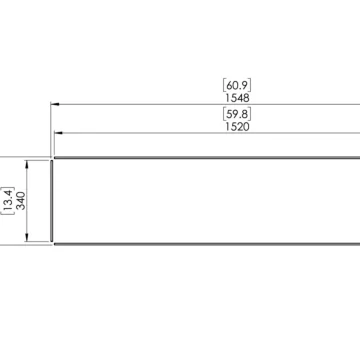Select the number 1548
[237, 99]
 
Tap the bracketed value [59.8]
[237, 115]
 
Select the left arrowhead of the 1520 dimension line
[59, 132]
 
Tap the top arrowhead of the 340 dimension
[28, 161]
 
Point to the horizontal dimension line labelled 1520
[150, 132]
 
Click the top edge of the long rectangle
[200, 157]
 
